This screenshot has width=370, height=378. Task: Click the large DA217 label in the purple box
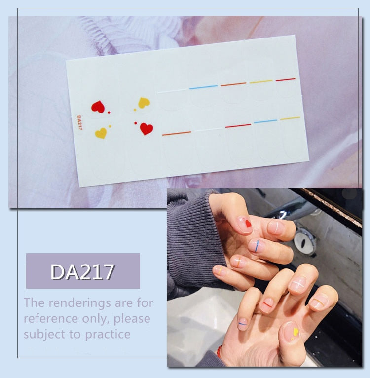pyautogui.click(x=82, y=272)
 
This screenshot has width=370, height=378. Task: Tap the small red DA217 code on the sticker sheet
pyautogui.click(x=79, y=123)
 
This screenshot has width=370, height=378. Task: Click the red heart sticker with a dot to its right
pyautogui.click(x=98, y=107)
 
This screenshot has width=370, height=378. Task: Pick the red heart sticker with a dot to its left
pyautogui.click(x=147, y=129)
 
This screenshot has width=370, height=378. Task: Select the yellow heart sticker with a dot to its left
pyautogui.click(x=144, y=103)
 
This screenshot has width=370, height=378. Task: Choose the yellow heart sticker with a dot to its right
pyautogui.click(x=101, y=133)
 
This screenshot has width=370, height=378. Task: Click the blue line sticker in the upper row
pyautogui.click(x=203, y=87)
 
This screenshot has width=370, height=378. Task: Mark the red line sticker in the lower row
pyautogui.click(x=238, y=126)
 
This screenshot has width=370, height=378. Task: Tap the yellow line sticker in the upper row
pyautogui.click(x=261, y=82)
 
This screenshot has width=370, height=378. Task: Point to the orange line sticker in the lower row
pyautogui.click(x=177, y=133)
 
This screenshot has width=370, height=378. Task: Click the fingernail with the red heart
pyautogui.click(x=244, y=225)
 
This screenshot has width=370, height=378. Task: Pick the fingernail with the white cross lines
pyautogui.click(x=298, y=284)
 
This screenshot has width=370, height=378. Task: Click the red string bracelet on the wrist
pyautogui.click(x=219, y=351)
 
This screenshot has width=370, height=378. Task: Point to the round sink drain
pyautogui.click(x=305, y=242)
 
